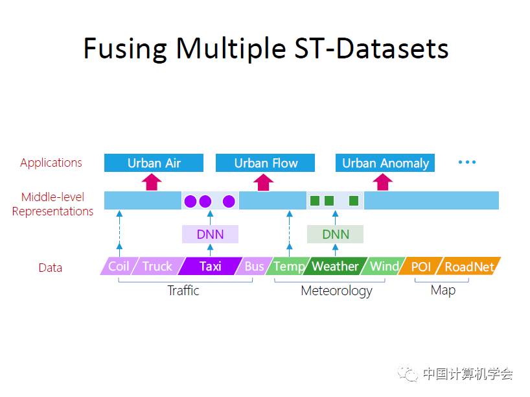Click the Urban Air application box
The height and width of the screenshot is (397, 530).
click(x=154, y=163)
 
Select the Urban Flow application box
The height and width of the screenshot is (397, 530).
click(x=265, y=163)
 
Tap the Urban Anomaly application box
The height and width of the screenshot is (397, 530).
click(x=385, y=163)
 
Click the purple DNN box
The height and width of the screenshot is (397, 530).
click(x=210, y=234)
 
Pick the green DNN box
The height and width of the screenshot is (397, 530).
click(x=335, y=234)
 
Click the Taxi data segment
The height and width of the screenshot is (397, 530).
click(x=210, y=266)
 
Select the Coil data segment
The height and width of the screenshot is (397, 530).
click(x=119, y=266)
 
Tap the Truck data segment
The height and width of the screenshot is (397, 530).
click(x=157, y=266)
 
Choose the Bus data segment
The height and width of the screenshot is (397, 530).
click(x=254, y=266)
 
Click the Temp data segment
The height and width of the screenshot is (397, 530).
click(x=288, y=266)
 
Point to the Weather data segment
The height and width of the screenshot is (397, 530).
click(x=335, y=266)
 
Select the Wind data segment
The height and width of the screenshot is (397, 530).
click(x=384, y=266)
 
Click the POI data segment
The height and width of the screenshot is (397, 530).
click(x=421, y=266)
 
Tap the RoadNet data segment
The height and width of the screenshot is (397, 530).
click(x=469, y=266)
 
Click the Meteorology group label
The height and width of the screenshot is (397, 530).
click(x=336, y=291)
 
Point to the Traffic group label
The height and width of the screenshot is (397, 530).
click(x=183, y=291)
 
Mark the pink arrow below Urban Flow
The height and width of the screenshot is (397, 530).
click(x=262, y=182)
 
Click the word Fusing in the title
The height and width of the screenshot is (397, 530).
click(x=125, y=49)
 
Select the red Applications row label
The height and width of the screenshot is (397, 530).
click(x=51, y=163)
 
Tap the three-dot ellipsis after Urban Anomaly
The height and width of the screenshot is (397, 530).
click(x=467, y=162)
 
